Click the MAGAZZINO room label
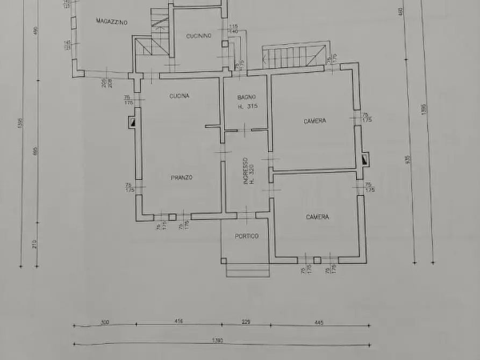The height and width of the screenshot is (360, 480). (111, 21)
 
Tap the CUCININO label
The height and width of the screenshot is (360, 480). (198, 36)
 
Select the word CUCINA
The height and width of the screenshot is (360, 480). (179, 96)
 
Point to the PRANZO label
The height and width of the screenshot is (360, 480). (182, 177)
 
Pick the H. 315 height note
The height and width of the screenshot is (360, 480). (248, 106)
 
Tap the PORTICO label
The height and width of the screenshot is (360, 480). (246, 236)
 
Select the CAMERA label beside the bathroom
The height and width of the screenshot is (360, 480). (314, 121)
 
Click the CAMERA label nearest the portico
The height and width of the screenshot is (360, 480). (317, 217)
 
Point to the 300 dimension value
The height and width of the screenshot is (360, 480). (104, 322)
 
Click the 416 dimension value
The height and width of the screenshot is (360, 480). (178, 321)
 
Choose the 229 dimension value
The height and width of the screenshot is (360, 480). (246, 321)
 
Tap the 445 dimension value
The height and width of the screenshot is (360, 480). (319, 323)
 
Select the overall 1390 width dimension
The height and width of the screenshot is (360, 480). (218, 341)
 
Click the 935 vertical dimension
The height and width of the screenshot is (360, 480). (409, 160)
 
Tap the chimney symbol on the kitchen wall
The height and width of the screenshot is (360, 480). (131, 124)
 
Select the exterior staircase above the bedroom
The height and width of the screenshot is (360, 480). (295, 56)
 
